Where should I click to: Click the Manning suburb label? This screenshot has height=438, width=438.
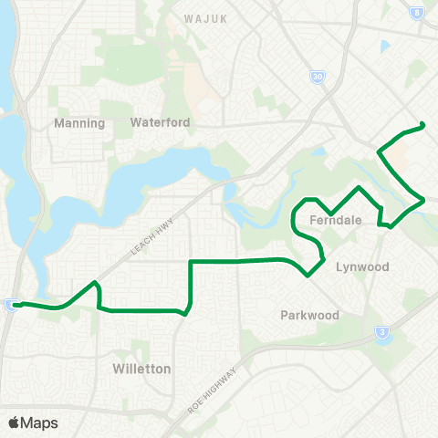pyautogui.click(x=80, y=123)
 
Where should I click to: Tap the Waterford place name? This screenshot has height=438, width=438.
pyautogui.click(x=159, y=122)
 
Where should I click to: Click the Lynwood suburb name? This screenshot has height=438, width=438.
pyautogui.click(x=362, y=267)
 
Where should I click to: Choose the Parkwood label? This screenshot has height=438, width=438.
pyautogui.click(x=308, y=315)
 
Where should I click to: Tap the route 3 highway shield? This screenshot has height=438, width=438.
pyautogui.click(x=380, y=333)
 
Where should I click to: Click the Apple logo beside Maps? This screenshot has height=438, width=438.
pyautogui.click(x=15, y=422)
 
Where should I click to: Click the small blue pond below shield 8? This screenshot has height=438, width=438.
pyautogui.click(x=385, y=46)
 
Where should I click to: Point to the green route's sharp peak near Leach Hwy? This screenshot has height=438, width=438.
pyautogui.click(x=95, y=283)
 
